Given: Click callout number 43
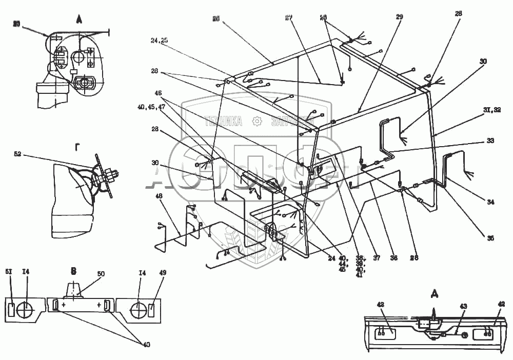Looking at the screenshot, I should (x=463, y=307).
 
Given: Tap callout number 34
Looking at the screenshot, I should (x=490, y=203).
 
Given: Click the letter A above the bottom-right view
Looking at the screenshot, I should (x=435, y=294).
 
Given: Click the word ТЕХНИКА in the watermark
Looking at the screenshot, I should (x=223, y=121).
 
